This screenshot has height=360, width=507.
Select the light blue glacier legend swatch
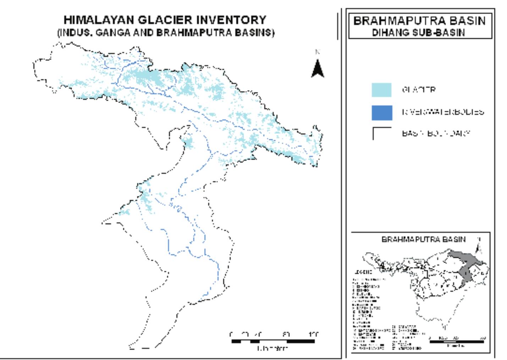(x=382, y=90)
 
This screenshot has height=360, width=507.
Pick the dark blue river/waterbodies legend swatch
(x=382, y=113)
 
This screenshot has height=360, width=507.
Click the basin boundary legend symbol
(x=382, y=133)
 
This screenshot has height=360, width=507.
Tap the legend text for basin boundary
(x=436, y=133)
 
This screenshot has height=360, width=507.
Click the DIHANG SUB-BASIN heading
(x=418, y=32)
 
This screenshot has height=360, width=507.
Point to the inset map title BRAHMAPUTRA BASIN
(x=423, y=239)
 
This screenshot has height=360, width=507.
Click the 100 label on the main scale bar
(x=314, y=334)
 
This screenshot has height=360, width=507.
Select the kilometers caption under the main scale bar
(x=272, y=349)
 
